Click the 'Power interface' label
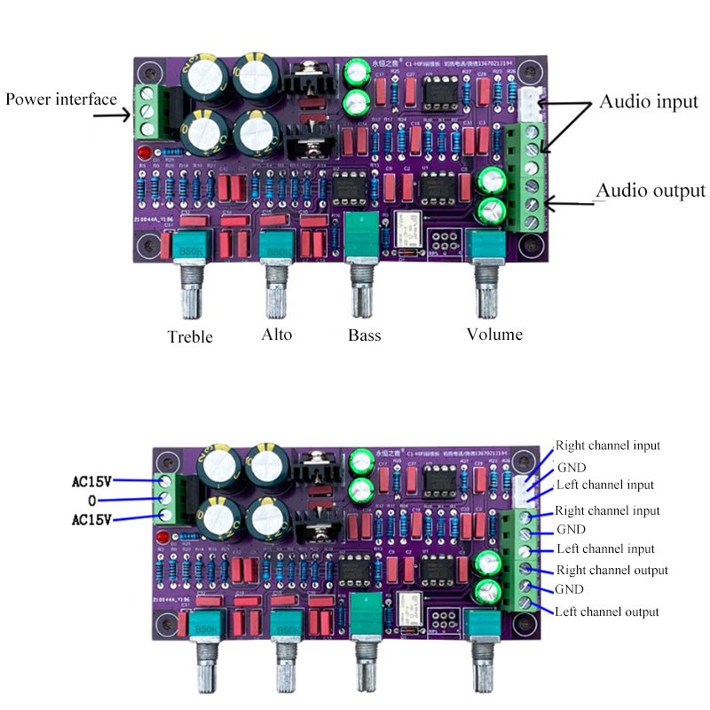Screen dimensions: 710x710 [x=61, y=99]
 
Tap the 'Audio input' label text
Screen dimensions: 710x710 [x=649, y=101]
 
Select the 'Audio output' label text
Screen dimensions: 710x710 [x=651, y=190]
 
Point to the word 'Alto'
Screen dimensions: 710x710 [x=276, y=335]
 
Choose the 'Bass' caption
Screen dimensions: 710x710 [x=364, y=335]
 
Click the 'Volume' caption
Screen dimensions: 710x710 [x=494, y=335]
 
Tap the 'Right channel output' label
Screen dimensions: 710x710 [x=611, y=570]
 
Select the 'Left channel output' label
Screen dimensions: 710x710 [x=606, y=611]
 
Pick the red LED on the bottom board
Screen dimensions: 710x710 [x=162, y=539]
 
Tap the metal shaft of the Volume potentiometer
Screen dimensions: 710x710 [x=486, y=297]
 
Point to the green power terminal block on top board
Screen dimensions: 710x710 [x=146, y=113]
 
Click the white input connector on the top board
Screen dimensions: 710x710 [x=529, y=104]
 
